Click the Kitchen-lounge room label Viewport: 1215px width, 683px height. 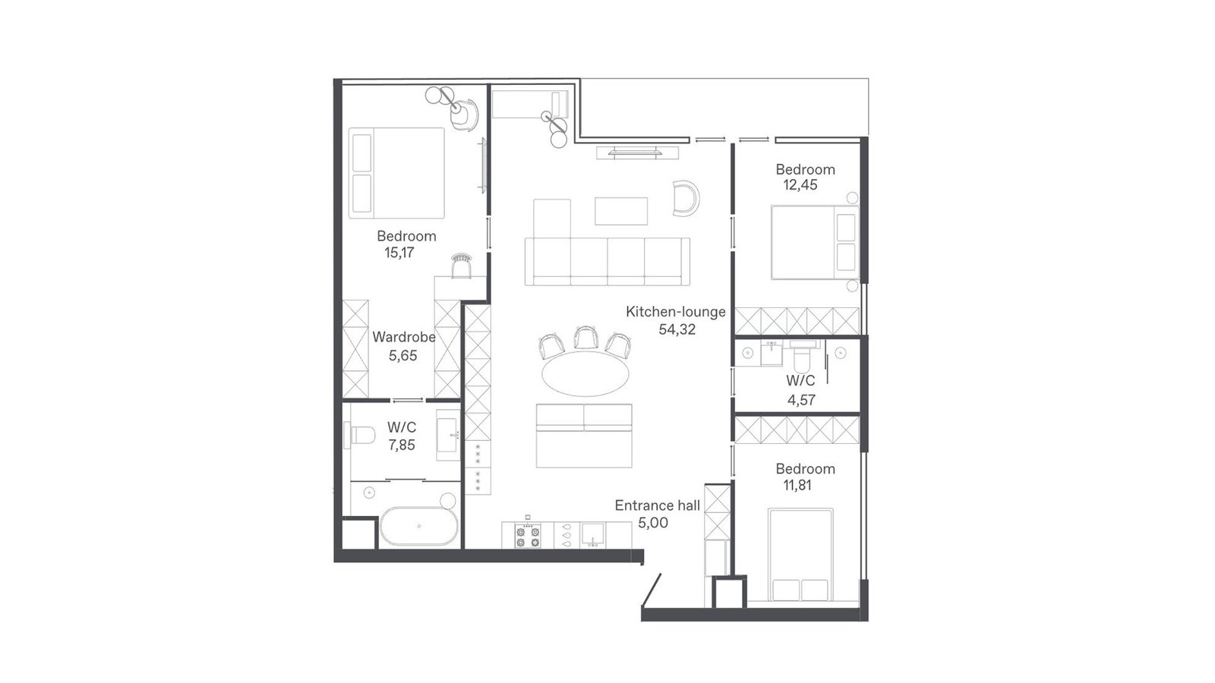pos(675,312)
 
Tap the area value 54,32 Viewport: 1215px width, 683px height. pos(677,329)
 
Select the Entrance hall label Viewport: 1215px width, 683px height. pos(658,505)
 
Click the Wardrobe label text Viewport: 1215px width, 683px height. pos(403,337)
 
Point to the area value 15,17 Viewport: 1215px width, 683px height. pos(399,253)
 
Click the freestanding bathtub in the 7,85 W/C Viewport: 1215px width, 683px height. pos(418,526)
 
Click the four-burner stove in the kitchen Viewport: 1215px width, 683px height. pos(527,536)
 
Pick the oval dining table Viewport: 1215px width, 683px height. pos(585,373)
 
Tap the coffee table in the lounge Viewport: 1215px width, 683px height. pos(621,211)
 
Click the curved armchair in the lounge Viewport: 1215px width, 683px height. pos(686,198)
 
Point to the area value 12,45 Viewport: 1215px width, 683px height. pos(800,185)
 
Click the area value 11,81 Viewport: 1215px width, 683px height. pos(797,485)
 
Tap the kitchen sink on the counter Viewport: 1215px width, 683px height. pos(593,534)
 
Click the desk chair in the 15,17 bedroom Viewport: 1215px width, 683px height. pos(461,265)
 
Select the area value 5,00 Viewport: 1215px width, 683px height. pos(653,523)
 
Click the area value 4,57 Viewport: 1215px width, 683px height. pos(801,400)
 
